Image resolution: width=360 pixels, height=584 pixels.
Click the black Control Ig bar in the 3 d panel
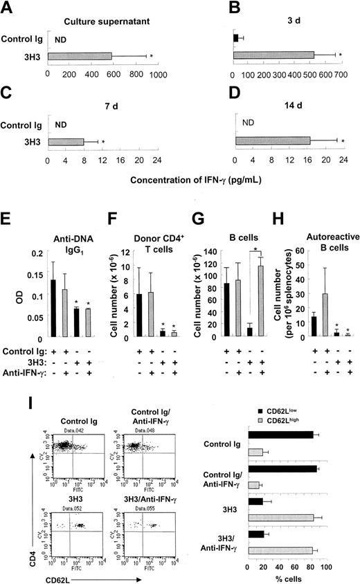236,37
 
